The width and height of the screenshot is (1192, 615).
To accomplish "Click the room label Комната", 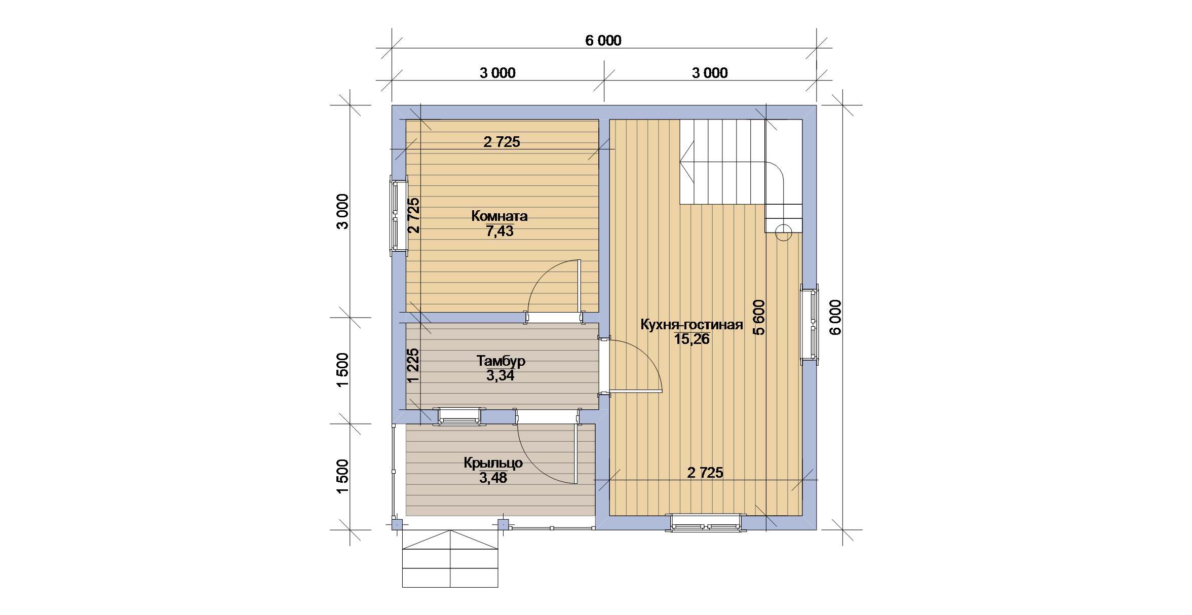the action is (x=499, y=216).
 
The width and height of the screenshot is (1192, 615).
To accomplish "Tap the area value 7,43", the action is (x=499, y=232).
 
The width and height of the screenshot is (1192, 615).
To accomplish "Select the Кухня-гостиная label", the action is (x=691, y=325).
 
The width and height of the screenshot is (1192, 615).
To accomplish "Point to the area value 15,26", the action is (x=691, y=339).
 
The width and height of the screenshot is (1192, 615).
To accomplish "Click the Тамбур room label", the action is (x=501, y=361).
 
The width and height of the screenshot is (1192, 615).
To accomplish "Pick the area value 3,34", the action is (x=500, y=376).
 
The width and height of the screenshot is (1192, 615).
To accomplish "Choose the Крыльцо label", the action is (x=493, y=463).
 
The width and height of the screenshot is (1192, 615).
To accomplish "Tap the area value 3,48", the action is (x=493, y=478).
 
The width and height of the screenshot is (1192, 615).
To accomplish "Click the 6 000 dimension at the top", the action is (x=603, y=41).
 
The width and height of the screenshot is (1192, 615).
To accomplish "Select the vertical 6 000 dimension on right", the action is (x=835, y=317).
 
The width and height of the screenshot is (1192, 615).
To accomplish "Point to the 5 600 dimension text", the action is (x=759, y=318).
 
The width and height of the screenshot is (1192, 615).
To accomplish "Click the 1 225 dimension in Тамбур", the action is (x=413, y=365).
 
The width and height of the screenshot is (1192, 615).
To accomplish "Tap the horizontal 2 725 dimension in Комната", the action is (x=502, y=142).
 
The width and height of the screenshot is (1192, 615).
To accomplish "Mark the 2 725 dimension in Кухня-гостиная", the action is (x=705, y=473).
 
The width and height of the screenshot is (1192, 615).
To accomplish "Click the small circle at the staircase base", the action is (x=783, y=233).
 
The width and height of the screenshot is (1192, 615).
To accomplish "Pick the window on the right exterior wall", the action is (x=810, y=324).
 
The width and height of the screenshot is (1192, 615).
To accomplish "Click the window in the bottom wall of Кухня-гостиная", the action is (x=706, y=522).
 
